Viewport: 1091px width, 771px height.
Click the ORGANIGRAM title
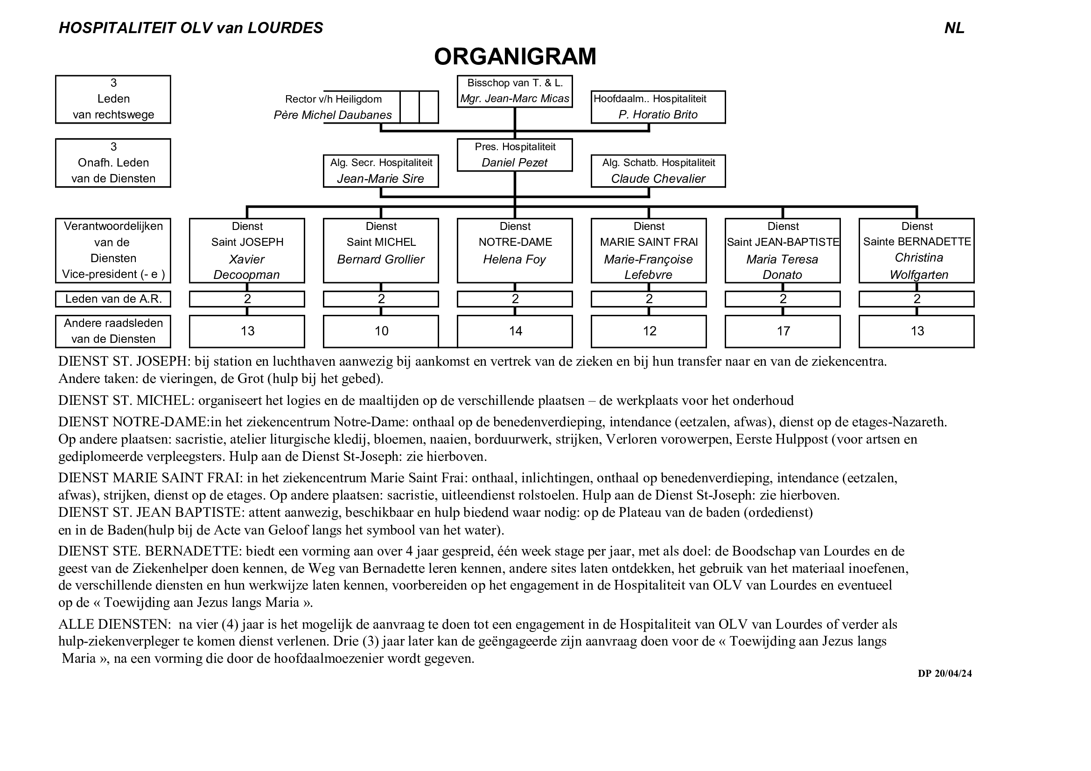coord(515,56)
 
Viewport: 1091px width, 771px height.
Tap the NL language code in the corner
coord(954,28)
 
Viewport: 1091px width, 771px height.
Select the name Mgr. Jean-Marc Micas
coord(515,99)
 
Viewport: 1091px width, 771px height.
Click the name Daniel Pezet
coord(515,162)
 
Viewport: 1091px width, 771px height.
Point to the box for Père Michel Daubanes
coord(361,107)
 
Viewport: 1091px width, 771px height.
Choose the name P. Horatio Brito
coord(657,114)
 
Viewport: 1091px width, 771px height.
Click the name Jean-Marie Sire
coord(381,179)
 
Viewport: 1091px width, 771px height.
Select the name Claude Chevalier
coord(657,179)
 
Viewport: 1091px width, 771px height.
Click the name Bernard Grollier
coord(381,259)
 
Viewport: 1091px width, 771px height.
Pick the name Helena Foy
coord(515,259)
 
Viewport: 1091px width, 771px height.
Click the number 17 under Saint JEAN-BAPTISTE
coord(783,331)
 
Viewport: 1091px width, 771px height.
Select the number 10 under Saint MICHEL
coord(381,331)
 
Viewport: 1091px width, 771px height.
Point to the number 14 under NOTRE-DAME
coord(515,331)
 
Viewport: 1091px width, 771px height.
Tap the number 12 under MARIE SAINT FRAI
coord(649,331)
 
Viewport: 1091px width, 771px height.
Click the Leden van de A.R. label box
coord(113,299)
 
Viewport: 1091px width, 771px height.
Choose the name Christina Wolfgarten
coord(918,266)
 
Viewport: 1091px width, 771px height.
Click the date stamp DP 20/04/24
coord(944,674)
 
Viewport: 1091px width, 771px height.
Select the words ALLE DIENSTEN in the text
coord(114,624)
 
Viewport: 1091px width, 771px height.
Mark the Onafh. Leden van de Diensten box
coord(113,163)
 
